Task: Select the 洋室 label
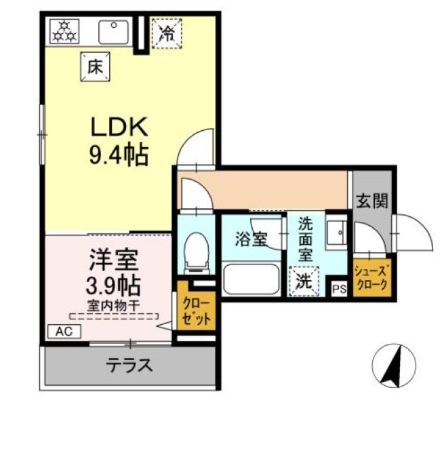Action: (x=113, y=260)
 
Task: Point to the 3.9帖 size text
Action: (x=113, y=283)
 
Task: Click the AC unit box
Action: (x=64, y=332)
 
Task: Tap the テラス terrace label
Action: (x=129, y=366)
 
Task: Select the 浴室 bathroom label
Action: (x=251, y=239)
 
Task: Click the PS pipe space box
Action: (x=338, y=288)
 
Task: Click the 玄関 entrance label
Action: (x=371, y=200)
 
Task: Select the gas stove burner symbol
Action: (x=65, y=31)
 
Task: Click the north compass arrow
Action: (x=392, y=367)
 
